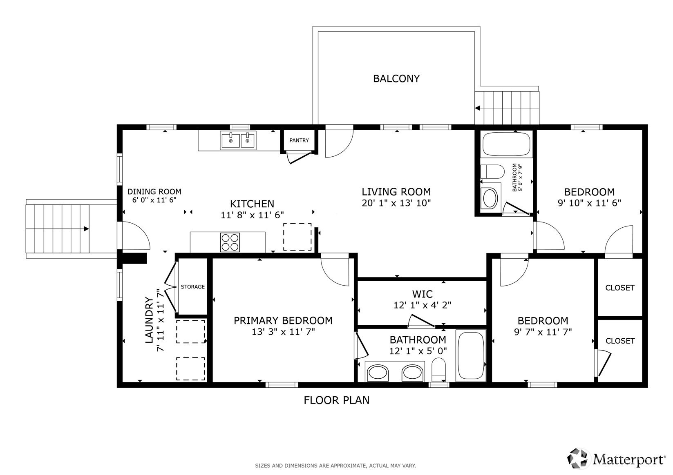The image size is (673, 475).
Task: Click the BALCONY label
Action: tap(396, 79)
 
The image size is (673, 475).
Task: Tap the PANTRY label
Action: tap(299, 140)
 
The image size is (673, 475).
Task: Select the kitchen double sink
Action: tap(238, 140)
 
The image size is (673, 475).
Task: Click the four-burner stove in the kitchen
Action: tap(230, 242)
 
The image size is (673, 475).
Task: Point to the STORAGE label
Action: tap(192, 287)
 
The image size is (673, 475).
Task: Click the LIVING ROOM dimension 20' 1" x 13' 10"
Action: tap(396, 203)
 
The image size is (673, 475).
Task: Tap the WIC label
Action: tap(423, 294)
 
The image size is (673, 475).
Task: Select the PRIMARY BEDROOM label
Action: tap(283, 320)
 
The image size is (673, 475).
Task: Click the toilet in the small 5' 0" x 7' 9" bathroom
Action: tap(492, 172)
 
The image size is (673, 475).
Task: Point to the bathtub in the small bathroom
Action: tap(506, 144)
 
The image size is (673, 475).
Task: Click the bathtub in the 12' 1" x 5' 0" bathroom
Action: tap(471, 356)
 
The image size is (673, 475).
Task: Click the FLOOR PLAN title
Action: tap(337, 400)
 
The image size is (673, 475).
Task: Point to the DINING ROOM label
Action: tap(154, 191)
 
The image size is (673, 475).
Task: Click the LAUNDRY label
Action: tap(149, 320)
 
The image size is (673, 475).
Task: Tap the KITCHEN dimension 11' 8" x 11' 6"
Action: tap(253, 215)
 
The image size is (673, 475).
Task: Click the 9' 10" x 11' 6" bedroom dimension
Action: tap(590, 203)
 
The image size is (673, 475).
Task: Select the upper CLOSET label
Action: tap(620, 288)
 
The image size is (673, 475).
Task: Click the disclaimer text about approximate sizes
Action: tap(335, 466)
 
